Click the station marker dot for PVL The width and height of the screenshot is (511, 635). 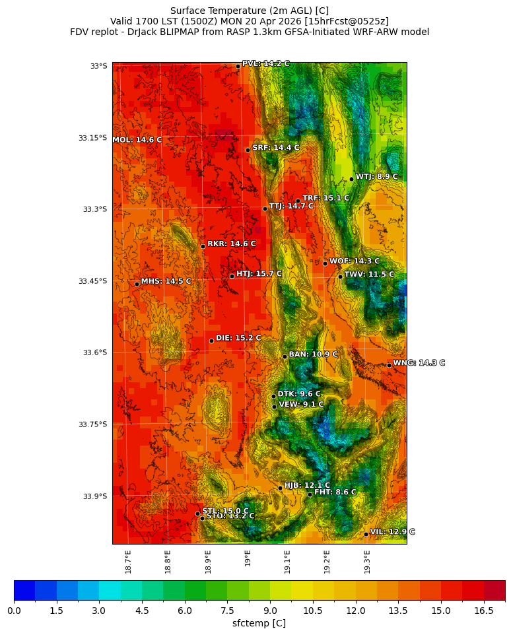238,66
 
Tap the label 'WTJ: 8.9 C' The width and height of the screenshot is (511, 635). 376,177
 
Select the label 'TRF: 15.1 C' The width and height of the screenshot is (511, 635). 325,198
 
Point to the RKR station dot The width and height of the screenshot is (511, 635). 203,246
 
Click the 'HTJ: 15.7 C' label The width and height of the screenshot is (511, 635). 259,273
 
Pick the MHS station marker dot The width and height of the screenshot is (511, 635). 137,284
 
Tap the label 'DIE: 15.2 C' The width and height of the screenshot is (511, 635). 238,338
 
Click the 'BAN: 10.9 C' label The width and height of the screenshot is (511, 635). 313,354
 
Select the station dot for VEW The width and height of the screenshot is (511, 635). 274,407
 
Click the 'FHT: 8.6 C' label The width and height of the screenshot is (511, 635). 335,492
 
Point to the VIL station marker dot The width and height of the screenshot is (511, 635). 366,534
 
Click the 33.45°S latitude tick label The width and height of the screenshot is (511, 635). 92,281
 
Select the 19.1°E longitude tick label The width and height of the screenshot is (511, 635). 287,561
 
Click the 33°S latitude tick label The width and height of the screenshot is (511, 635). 98,66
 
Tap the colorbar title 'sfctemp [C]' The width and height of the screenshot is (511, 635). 259,624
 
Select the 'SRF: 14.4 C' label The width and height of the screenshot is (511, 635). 275,148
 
